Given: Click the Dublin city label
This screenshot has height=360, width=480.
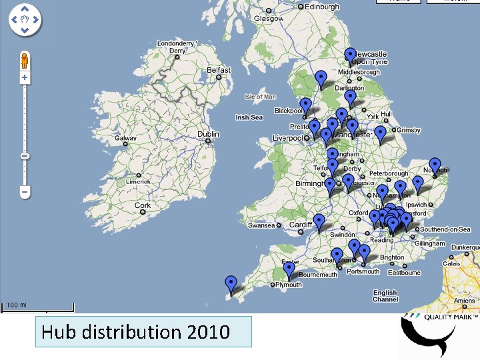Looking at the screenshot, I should coord(208,135).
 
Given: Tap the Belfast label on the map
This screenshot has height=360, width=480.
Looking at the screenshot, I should coord(219,70).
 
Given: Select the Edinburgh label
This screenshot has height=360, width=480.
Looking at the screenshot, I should coord(322,7).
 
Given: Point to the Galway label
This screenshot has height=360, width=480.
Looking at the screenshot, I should coord(125,139).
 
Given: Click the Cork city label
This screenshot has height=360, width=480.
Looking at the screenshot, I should coord(143,205).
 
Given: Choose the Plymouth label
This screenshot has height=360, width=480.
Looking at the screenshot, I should coord(289,285).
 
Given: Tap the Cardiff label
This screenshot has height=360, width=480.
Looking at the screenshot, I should coord(301,225).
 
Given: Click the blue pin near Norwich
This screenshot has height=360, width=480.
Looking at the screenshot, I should coord(435,165).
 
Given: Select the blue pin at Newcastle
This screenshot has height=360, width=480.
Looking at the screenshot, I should coord(350,55).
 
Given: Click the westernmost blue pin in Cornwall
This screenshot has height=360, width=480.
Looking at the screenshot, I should coord(231,283).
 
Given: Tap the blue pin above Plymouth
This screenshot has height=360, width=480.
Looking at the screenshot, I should coord(289,269).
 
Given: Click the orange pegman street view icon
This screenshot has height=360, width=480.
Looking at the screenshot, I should coord(25,59).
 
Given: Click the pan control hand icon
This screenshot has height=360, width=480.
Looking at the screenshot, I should coord(25,20).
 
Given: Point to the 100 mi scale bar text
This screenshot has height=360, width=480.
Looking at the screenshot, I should coord(17,305).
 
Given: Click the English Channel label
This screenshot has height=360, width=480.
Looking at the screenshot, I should coord(385,296).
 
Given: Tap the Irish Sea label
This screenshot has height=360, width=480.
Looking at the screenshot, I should coord(249,117).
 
